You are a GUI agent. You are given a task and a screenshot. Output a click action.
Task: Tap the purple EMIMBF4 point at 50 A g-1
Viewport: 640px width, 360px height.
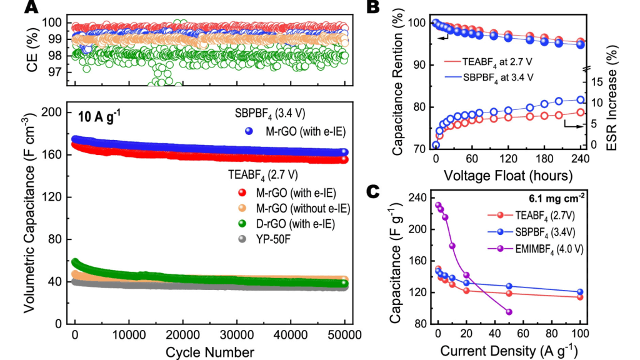[x=509, y=312]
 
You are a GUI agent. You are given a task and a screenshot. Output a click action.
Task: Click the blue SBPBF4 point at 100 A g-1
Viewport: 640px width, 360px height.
[x=580, y=292]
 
